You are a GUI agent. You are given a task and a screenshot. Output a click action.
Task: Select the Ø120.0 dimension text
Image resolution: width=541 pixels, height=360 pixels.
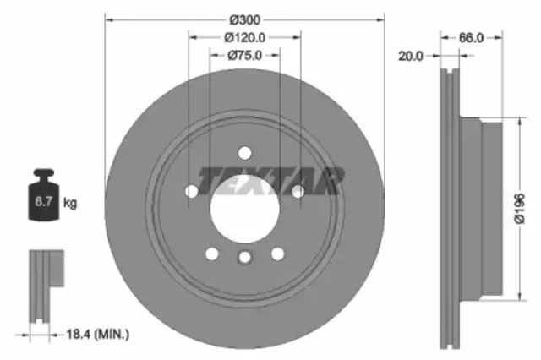pyautogui.click(x=245, y=36)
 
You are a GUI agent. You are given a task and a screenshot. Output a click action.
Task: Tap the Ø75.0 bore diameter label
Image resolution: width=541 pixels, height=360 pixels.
pyautogui.click(x=245, y=55)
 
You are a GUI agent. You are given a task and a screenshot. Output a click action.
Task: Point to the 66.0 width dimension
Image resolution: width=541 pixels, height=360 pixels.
pyautogui.click(x=472, y=37)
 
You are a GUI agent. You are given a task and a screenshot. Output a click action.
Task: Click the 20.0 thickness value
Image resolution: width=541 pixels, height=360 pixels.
pyautogui.click(x=412, y=56)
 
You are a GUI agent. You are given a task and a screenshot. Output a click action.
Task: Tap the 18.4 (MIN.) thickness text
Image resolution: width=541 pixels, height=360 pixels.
pyautogui.click(x=98, y=335)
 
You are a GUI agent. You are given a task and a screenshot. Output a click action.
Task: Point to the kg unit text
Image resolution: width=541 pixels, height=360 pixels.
pyautogui.click(x=71, y=203)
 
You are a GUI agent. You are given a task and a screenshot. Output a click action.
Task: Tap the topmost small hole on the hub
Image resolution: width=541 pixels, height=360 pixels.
pyautogui.click(x=244, y=153)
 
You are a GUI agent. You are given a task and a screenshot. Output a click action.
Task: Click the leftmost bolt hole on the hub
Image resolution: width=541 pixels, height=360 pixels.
pyautogui.click(x=191, y=192)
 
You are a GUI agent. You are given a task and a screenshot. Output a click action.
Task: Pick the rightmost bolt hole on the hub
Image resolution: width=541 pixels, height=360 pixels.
pyautogui.click(x=298, y=192)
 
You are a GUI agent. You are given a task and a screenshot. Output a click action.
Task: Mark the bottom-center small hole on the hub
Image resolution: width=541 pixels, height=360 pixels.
pyautogui.click(x=244, y=258)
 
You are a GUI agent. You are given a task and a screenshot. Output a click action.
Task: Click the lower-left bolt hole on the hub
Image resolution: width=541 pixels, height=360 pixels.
pyautogui.click(x=211, y=254)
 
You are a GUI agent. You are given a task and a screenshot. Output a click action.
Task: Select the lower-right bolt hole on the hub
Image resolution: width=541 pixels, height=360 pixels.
pyautogui.click(x=277, y=254)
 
